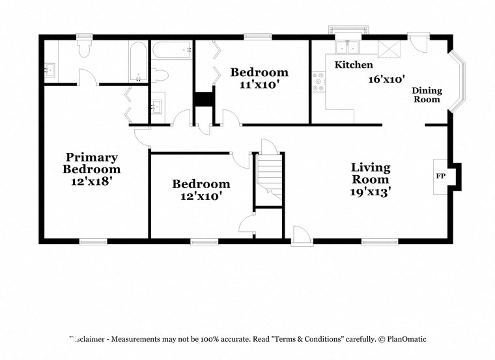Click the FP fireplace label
(440, 176)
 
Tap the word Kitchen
(354, 65)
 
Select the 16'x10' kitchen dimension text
(386, 79)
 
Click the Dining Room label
(427, 95)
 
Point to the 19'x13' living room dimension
(371, 191)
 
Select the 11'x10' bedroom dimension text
(259, 84)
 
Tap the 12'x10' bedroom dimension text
(201, 196)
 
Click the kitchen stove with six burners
(319, 82)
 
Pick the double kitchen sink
(346, 48)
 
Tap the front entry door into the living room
(301, 236)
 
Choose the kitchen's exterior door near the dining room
(417, 43)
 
